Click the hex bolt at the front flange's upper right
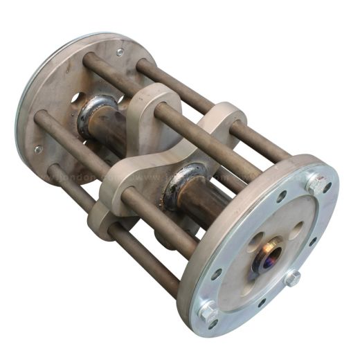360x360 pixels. pos(317,185)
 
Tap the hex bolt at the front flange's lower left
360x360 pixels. pos(207,312)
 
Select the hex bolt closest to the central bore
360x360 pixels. pos(292,278)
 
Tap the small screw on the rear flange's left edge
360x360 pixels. pos(37,150)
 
